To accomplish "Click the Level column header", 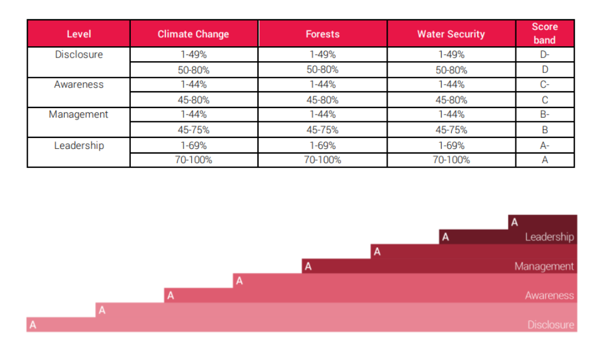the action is click(79, 34).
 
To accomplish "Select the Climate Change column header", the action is click(194, 34).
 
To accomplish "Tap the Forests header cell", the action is click(323, 34).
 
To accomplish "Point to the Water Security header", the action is click(451, 34).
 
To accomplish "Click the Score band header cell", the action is click(545, 34).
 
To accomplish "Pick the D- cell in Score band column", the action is click(545, 55).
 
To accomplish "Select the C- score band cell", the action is click(545, 85).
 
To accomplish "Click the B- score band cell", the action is click(545, 115).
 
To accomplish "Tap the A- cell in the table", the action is click(545, 145).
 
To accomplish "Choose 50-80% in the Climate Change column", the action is click(194, 70).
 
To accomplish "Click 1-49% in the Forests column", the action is click(323, 55).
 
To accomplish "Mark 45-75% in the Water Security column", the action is click(452, 130).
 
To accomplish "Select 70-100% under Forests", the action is click(323, 160).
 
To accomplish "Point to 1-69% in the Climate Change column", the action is click(194, 145).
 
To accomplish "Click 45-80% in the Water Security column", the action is click(452, 100).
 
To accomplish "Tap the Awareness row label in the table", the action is click(79, 85).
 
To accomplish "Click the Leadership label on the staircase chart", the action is click(550, 237).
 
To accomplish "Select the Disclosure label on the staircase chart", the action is click(551, 325).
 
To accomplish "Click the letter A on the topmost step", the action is click(515, 222).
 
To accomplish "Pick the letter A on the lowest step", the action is click(33, 325).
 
